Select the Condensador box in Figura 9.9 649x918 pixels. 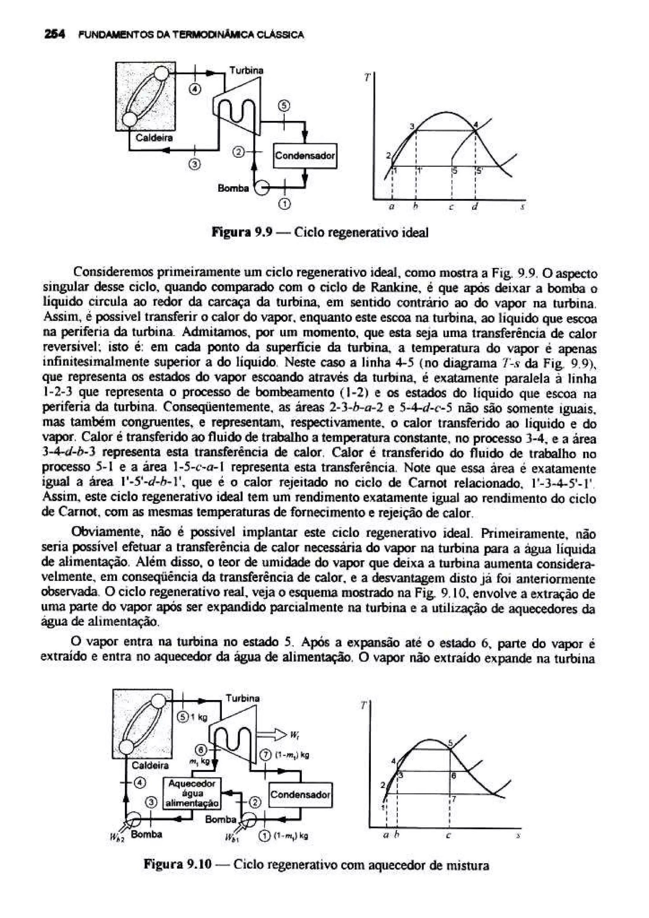[305, 156]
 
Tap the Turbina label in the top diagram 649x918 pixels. [246, 71]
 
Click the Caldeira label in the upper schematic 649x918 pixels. [154, 138]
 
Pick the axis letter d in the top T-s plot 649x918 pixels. [474, 208]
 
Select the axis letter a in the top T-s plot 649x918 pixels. [392, 208]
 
